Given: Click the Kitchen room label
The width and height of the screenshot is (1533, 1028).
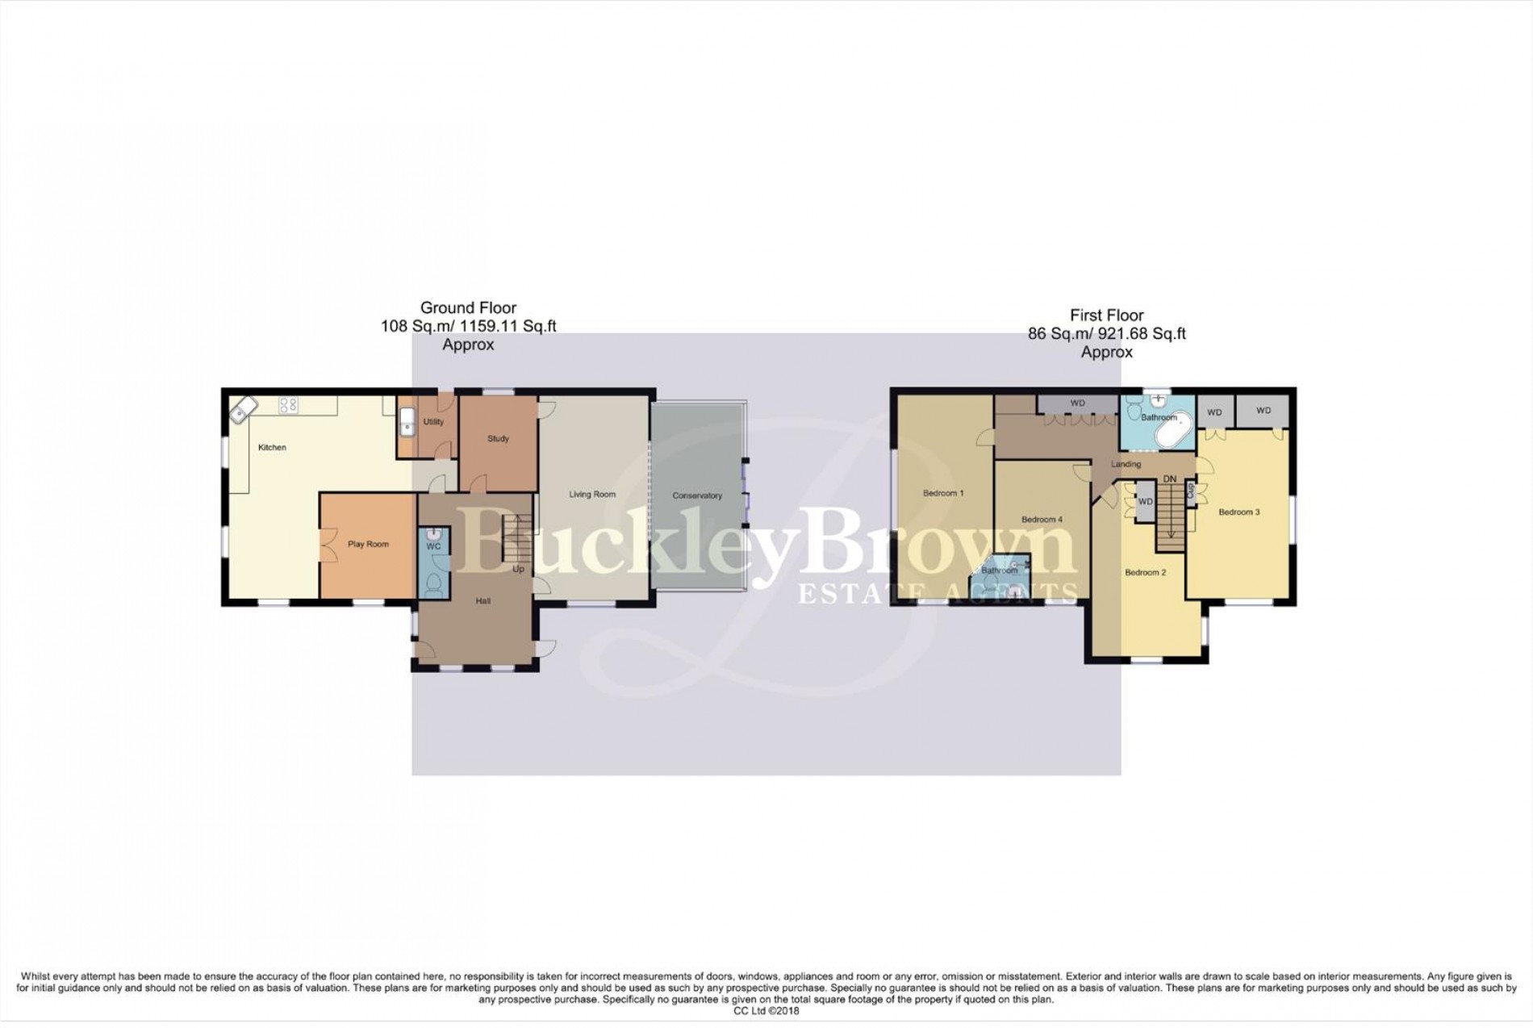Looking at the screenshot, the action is (x=272, y=447).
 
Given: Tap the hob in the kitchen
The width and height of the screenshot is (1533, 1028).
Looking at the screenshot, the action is (x=288, y=405).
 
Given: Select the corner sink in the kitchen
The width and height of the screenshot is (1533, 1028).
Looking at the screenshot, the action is (x=240, y=412).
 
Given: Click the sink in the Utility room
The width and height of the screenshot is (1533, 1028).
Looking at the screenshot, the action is (x=407, y=420).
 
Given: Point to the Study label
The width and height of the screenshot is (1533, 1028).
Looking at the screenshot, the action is (x=498, y=439).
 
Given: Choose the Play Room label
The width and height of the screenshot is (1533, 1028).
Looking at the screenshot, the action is (x=368, y=544).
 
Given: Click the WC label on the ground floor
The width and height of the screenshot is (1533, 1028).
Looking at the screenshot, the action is (x=433, y=546).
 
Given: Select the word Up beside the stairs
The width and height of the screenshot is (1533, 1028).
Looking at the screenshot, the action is (x=518, y=569).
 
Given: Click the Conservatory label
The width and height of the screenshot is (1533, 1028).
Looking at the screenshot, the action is (x=697, y=495).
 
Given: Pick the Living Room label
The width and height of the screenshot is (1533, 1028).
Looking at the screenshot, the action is (x=592, y=495).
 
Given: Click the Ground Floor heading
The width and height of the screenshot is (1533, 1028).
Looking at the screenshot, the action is (x=468, y=307).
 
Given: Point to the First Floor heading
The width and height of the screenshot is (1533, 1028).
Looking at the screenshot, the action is (x=1107, y=316).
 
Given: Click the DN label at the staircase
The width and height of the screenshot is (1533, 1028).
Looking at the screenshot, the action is (x=1170, y=479).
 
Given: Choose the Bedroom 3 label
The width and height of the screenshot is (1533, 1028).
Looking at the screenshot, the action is (x=1239, y=512).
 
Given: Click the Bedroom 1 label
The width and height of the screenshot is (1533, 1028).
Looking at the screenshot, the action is (x=943, y=493).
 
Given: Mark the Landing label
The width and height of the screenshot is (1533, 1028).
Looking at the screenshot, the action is (x=1126, y=465).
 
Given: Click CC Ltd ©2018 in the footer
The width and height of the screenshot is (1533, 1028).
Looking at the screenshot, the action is (x=766, y=1010).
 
